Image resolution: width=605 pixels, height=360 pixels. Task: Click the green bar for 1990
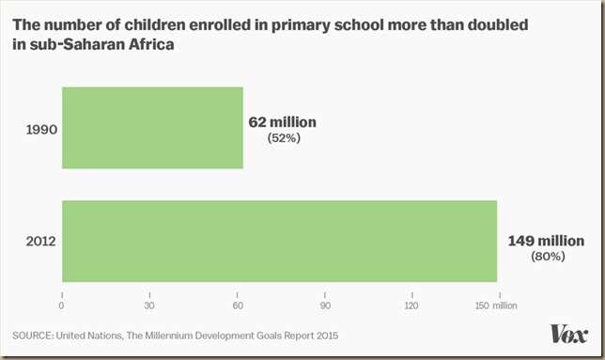coord(152,128)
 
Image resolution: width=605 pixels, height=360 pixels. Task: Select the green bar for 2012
coord(279,241)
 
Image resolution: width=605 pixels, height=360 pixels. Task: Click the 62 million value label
coord(283,122)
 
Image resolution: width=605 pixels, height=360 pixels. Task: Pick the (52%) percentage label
coord(282,138)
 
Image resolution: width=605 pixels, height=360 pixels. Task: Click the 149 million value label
coord(545,241)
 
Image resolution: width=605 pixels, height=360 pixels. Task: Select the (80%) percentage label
coord(546,256)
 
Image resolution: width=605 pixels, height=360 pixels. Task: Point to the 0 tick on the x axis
coord(62,305)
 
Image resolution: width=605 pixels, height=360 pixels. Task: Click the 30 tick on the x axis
coord(148,305)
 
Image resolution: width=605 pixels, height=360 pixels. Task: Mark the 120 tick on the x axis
coord(411,305)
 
